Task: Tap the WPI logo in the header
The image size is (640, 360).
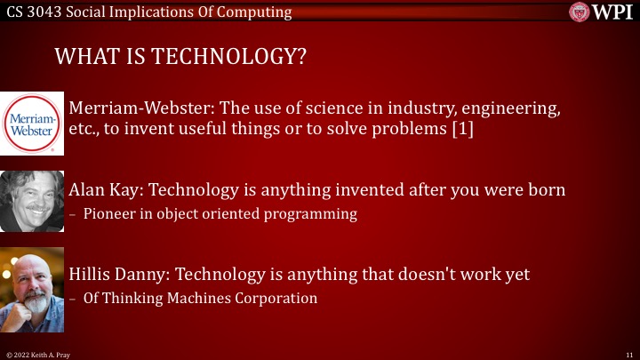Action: coord(602,12)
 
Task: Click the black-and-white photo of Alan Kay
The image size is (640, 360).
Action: coord(33,201)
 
